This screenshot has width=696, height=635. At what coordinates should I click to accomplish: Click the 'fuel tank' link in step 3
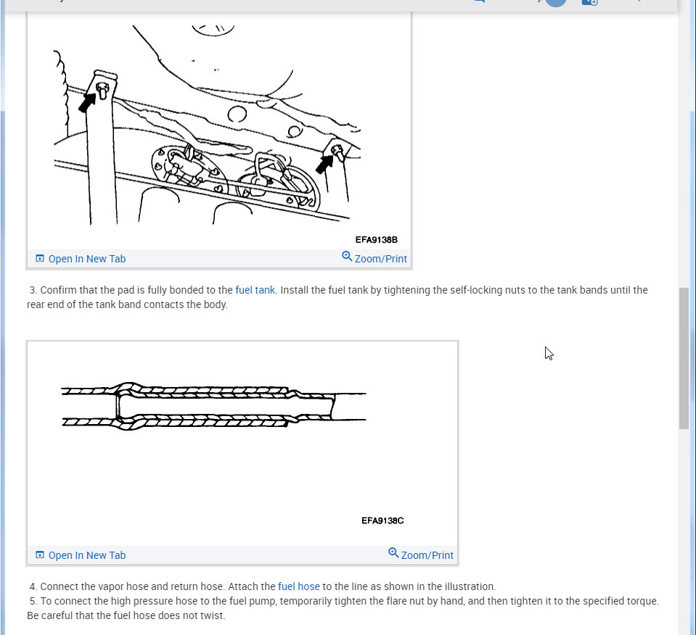click(255, 290)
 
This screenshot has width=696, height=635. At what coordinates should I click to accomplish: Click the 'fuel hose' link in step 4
click(298, 586)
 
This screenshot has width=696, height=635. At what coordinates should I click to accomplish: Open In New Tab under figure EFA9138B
click(86, 259)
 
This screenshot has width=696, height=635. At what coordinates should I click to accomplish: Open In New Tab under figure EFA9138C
click(86, 555)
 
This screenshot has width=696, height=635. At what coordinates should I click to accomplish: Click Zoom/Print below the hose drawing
click(427, 555)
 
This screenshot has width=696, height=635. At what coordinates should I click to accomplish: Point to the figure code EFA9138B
click(376, 239)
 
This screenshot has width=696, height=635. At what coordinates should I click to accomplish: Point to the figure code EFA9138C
click(382, 520)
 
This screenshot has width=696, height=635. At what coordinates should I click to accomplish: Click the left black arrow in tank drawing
click(87, 102)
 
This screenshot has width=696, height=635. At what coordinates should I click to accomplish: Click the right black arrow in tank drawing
click(324, 165)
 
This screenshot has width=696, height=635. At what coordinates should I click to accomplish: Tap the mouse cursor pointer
click(549, 353)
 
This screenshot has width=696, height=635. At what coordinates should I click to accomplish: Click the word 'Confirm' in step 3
click(59, 290)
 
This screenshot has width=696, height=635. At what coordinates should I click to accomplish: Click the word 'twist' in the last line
click(213, 615)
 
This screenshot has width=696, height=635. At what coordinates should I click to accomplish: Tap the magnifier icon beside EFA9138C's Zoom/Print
click(393, 553)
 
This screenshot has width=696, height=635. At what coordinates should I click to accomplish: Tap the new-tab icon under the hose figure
click(40, 555)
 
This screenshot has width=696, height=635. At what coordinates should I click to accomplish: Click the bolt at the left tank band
click(102, 90)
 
